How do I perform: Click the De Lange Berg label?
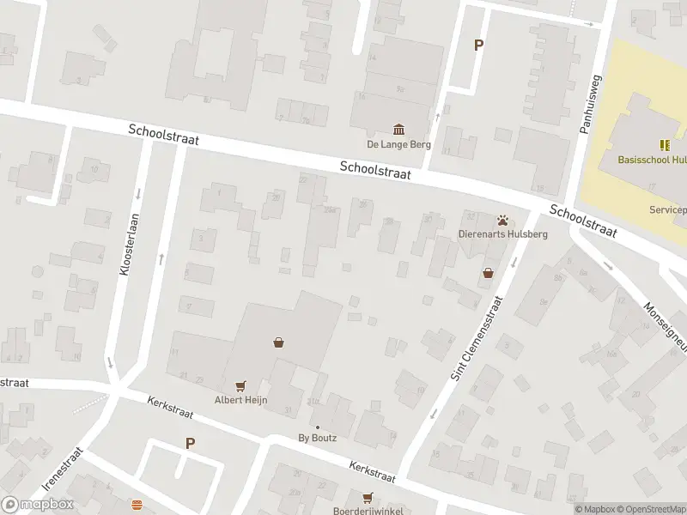398,144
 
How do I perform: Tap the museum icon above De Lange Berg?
398,130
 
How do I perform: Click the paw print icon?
502,220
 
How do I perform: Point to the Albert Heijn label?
241,400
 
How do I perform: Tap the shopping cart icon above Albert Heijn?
240,386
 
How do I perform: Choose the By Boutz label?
317,438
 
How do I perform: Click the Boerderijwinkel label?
368,511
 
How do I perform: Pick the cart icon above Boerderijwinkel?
368,497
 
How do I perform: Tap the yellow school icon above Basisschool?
664,145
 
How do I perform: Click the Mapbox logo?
38,505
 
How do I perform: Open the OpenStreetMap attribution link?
650,509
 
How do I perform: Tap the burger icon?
137,505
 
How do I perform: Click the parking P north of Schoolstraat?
479,45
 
